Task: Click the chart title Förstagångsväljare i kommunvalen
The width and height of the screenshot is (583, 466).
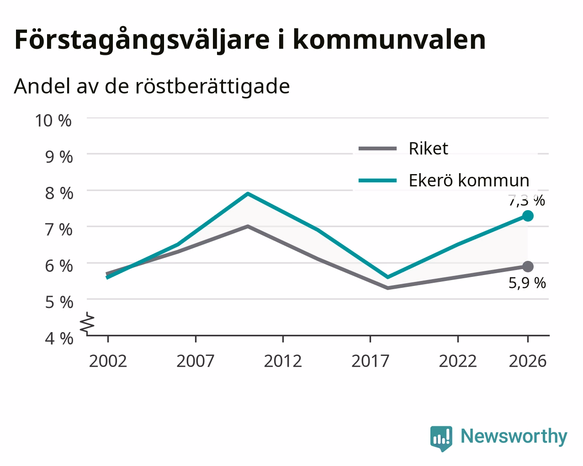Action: [250, 40]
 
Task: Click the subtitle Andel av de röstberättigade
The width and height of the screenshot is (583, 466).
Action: [152, 86]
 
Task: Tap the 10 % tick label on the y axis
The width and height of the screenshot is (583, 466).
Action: [53, 121]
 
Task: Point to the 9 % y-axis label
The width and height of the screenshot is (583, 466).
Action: [59, 157]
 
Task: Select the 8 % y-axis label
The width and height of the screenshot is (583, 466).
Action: [59, 193]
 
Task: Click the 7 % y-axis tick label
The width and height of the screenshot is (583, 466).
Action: [59, 230]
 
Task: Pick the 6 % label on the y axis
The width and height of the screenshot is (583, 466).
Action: [59, 266]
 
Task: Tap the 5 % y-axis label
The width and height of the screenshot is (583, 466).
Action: [59, 302]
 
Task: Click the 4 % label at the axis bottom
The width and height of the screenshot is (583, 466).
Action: [59, 339]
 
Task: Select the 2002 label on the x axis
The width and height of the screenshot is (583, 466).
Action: [108, 361]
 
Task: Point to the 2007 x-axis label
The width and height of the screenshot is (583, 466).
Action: [196, 361]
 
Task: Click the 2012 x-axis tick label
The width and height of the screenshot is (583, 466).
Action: [283, 361]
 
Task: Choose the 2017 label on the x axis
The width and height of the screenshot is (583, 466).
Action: [371, 361]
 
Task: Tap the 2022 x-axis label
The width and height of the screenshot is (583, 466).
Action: [458, 361]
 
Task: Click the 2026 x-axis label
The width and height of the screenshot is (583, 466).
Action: [528, 361]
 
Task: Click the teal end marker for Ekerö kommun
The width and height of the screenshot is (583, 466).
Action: [528, 216]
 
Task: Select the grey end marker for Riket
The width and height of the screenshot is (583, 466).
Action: [528, 267]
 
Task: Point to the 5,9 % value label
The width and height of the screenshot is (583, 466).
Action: [527, 283]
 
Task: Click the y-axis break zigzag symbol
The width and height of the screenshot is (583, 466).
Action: [87, 323]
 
